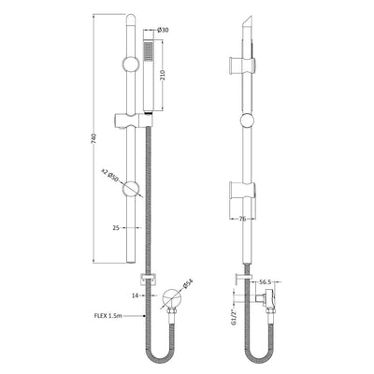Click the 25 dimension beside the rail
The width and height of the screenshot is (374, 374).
(114, 227)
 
